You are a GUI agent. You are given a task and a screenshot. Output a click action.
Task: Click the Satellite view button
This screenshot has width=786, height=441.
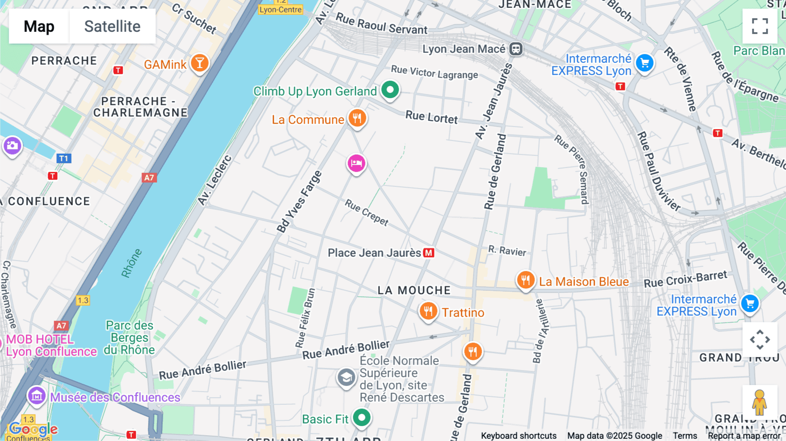(x=112, y=26)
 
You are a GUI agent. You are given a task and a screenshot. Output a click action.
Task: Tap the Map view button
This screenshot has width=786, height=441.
(x=39, y=26)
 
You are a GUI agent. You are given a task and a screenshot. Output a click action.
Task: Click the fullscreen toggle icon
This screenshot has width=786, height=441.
(x=760, y=26)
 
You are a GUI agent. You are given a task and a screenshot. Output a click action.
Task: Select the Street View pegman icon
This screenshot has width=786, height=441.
(x=759, y=402)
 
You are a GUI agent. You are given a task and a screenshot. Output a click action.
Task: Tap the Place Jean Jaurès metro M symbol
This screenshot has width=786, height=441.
(x=429, y=253)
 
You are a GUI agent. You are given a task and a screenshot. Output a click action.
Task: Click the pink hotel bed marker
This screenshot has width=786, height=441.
(x=356, y=164)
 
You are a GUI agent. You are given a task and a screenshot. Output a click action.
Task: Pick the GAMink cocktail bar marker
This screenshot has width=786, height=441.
(x=200, y=63)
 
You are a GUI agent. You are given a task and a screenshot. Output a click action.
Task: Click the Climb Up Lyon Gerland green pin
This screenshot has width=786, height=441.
(x=390, y=90)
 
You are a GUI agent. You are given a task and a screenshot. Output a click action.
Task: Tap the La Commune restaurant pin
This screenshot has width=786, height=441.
(x=357, y=118)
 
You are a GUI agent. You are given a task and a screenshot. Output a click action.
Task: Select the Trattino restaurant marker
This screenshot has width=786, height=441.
(x=428, y=311)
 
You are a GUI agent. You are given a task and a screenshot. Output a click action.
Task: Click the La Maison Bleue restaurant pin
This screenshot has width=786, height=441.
(x=526, y=280)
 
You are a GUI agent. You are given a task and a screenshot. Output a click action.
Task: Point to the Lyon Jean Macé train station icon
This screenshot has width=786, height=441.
(x=516, y=49)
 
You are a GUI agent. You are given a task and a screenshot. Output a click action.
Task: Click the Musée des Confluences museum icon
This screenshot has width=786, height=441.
(x=37, y=396)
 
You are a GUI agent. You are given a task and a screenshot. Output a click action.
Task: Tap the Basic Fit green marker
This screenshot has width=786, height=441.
(x=362, y=418)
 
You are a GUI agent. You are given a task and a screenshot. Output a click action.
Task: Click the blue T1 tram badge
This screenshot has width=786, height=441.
(x=64, y=158)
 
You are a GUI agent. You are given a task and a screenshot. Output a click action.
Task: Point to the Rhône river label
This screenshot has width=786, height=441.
(x=131, y=263)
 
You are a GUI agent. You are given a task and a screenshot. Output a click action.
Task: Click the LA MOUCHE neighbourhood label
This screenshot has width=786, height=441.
(x=414, y=290)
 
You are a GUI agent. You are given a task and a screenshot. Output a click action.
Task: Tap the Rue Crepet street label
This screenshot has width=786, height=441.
(x=367, y=212)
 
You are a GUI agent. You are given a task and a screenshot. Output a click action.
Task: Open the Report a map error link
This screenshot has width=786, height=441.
(x=744, y=436)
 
